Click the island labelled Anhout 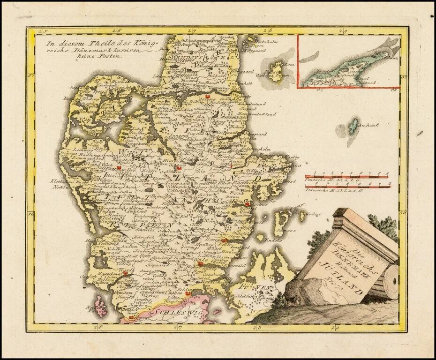pos(351,126)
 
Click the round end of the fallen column pos(391,281)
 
